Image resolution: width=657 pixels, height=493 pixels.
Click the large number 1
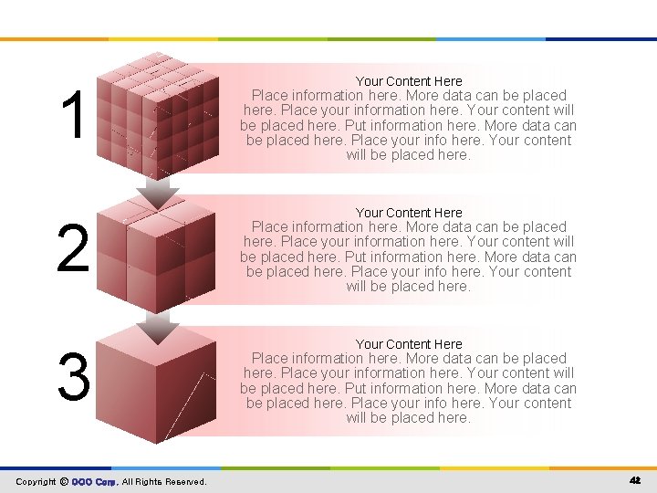[74, 115]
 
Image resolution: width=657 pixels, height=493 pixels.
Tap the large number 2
[73, 249]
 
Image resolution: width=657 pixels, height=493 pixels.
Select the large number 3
[73, 377]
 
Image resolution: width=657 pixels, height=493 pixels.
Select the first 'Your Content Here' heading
[409, 81]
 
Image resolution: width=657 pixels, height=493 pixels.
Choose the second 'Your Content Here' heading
[409, 213]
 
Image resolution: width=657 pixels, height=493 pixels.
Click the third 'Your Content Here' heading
[409, 344]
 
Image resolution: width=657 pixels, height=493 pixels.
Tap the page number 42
[635, 480]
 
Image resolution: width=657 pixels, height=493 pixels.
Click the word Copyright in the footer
[36, 481]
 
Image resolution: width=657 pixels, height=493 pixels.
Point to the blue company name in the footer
[94, 481]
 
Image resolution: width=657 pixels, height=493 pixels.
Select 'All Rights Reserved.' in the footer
[164, 481]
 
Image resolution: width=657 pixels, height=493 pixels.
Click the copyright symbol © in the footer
[64, 481]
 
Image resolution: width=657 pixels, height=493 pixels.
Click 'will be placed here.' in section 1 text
[409, 155]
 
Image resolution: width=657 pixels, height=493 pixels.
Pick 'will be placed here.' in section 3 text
[409, 418]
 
